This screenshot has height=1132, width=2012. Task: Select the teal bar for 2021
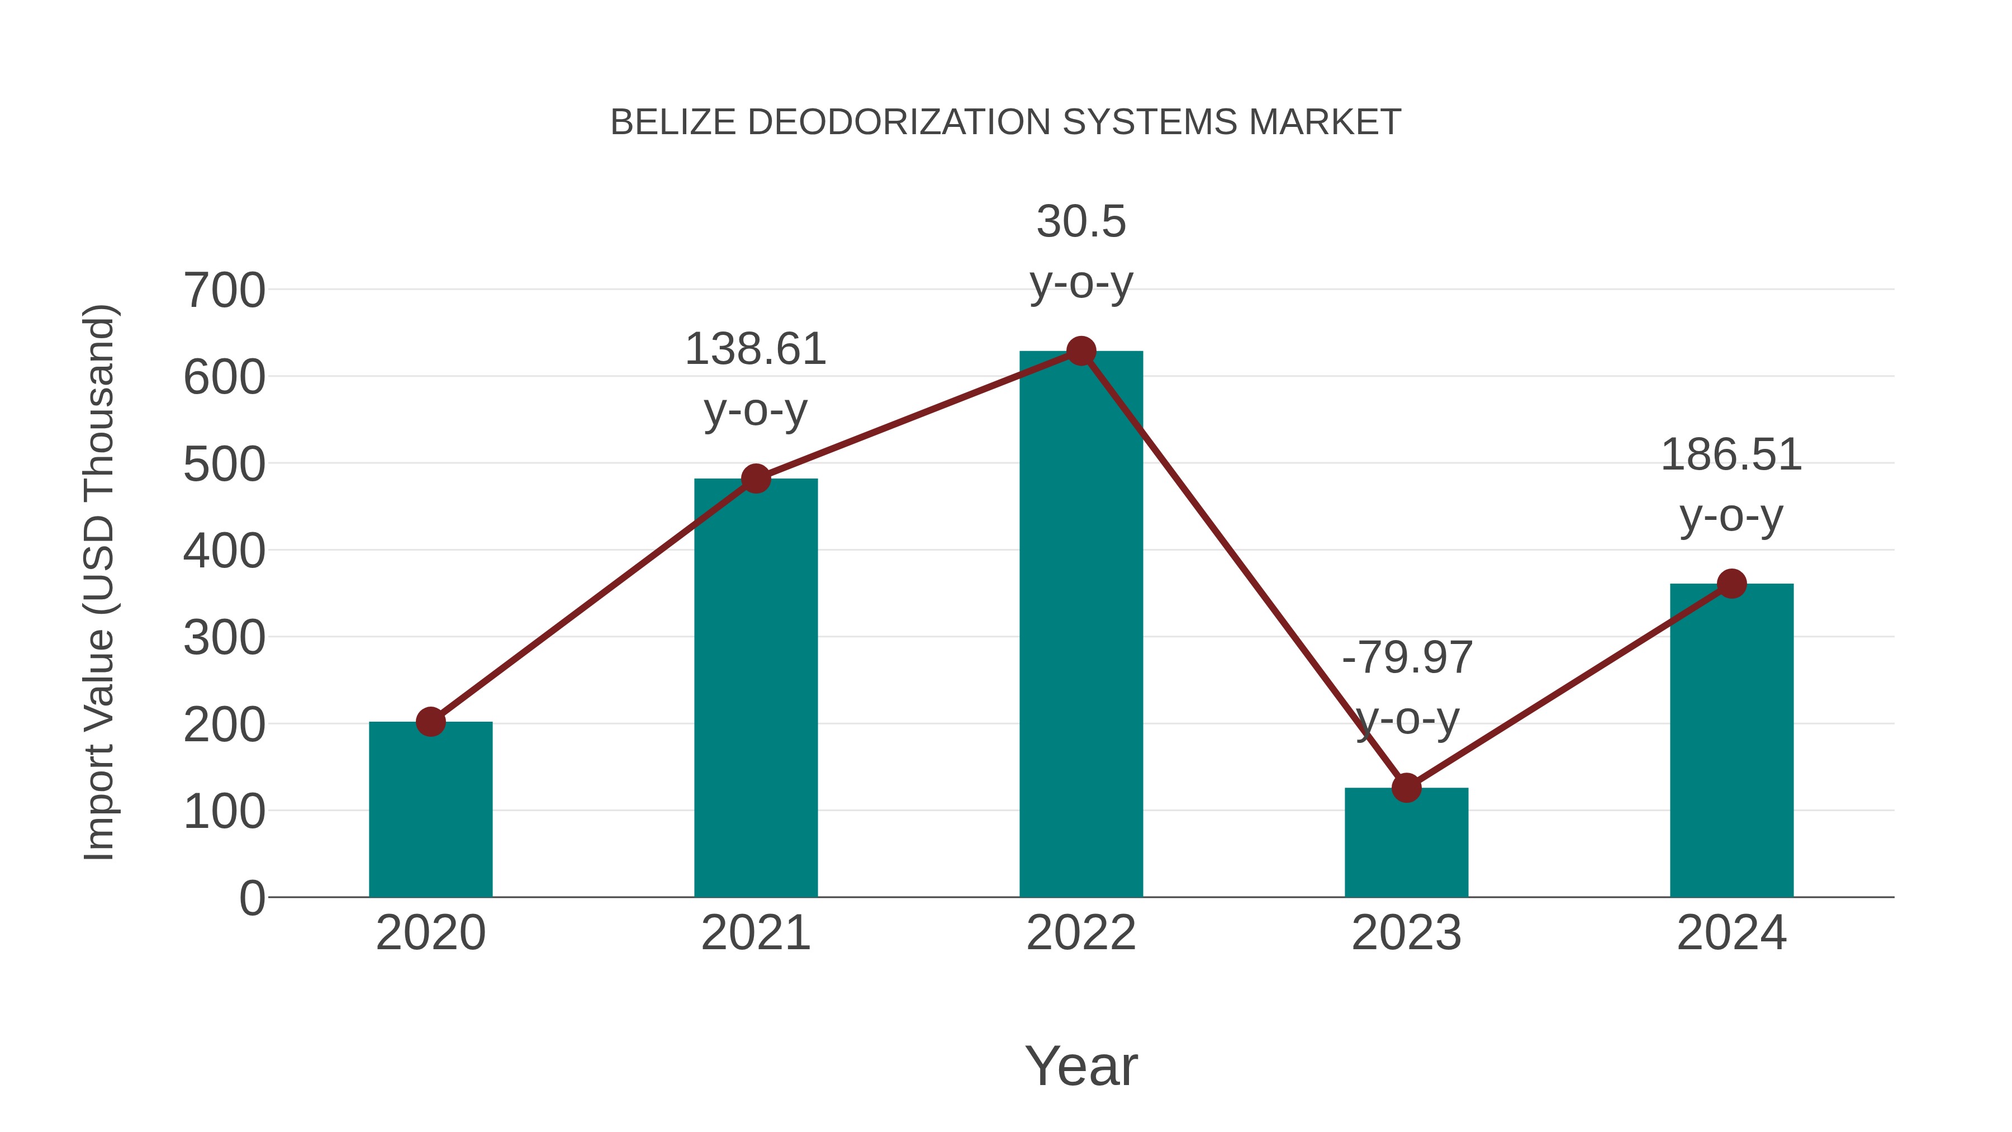[755, 688]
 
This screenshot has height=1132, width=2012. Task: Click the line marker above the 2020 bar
[430, 722]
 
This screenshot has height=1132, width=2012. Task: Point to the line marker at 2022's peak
[1081, 352]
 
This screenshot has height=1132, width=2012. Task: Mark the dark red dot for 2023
[1406, 788]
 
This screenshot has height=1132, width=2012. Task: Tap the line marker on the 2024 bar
[1731, 584]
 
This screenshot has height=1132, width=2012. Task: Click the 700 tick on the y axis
[224, 291]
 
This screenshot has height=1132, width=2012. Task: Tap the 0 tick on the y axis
[251, 898]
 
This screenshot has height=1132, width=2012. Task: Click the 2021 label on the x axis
[755, 933]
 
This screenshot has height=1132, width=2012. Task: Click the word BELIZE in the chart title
[672, 122]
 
